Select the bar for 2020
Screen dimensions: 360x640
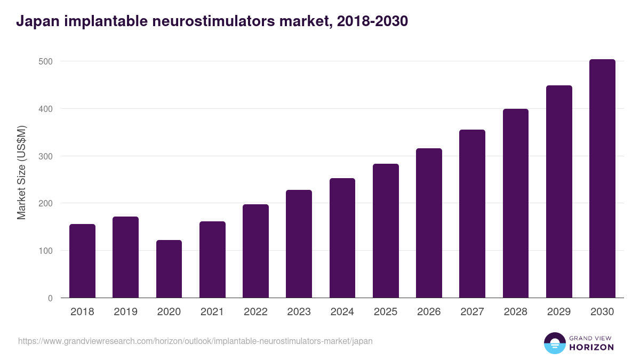[x=169, y=269]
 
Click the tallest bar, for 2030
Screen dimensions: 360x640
[x=602, y=179]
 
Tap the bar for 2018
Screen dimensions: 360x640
[x=82, y=261]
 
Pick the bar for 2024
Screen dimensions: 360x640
[x=342, y=238]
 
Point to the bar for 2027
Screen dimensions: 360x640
[x=472, y=214]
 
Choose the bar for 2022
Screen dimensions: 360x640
[x=255, y=251]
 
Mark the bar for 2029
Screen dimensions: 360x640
[x=559, y=192]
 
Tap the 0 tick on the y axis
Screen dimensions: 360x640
[x=50, y=298]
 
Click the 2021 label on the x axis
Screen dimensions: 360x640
[x=212, y=312]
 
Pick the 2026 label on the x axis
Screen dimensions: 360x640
[x=429, y=312]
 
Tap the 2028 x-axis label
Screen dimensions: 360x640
[x=515, y=312]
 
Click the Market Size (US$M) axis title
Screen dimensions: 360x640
[x=21, y=172]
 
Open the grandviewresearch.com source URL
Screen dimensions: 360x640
[x=195, y=341]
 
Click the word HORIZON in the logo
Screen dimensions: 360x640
[x=591, y=347]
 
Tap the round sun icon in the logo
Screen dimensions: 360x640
[x=554, y=343]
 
